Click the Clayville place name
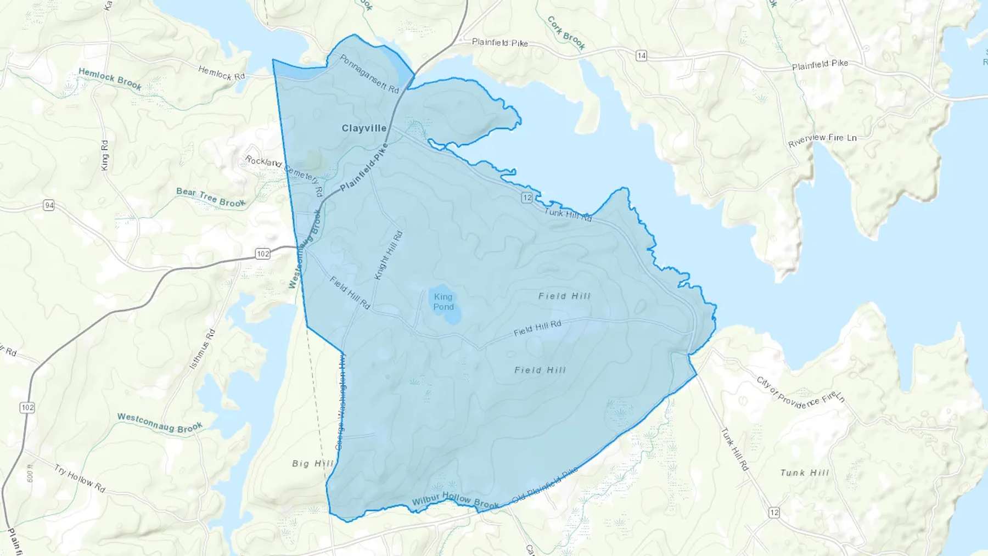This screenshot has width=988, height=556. point(364,128)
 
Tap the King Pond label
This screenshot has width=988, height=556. point(444,302)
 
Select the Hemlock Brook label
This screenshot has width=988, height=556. point(110,78)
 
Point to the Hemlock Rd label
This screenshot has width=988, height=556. point(221,73)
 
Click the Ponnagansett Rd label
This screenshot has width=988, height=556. point(369,74)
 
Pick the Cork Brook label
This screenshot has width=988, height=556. point(566,33)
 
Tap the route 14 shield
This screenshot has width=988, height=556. point(641,55)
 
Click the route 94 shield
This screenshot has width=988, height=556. point(49,205)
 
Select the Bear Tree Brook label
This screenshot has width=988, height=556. point(211,198)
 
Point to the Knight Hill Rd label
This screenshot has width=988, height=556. point(389,255)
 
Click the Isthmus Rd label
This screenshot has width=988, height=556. point(203,349)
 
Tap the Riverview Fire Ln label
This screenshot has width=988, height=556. point(822,140)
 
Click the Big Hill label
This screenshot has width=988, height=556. point(312,463)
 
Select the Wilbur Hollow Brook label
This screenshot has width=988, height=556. point(456,500)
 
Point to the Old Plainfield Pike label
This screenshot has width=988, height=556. point(544,485)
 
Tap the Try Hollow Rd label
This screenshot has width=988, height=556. point(80,478)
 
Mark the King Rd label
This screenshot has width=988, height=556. point(105,155)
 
